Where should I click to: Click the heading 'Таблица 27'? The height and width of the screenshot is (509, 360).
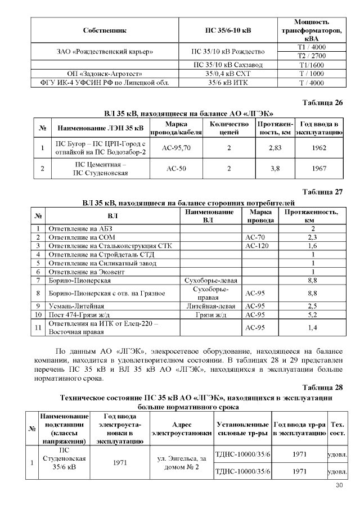click(322, 192)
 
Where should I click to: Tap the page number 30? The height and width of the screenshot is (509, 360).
click(339, 485)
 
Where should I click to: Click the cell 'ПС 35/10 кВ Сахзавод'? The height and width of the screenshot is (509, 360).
click(227, 65)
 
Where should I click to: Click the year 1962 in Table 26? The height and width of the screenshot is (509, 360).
click(319, 148)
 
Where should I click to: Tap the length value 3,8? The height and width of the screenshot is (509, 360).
click(275, 168)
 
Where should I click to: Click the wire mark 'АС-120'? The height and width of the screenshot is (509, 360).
click(256, 246)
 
